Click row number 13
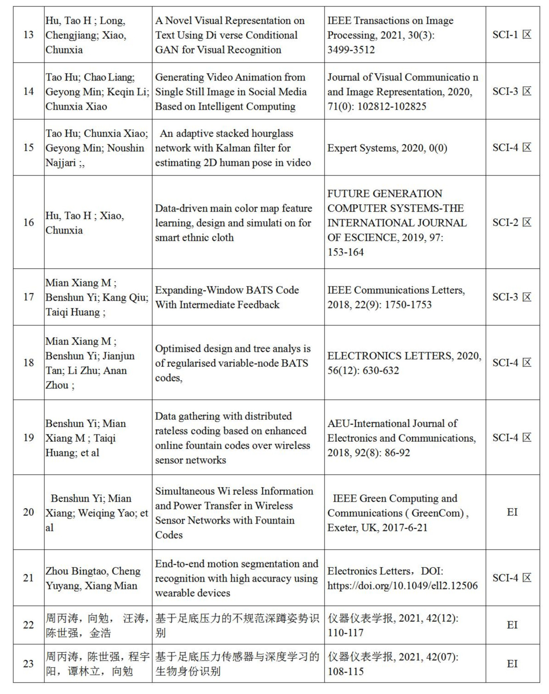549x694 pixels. point(28,35)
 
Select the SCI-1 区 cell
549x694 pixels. point(512,35)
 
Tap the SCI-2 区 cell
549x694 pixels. point(512,223)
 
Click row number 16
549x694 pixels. point(28,223)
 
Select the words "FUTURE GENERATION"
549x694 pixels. point(385,194)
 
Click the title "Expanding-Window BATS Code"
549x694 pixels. point(227,290)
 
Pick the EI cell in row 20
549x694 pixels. point(512,512)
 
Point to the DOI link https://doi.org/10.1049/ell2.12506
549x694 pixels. point(402,586)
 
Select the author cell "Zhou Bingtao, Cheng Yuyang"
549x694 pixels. point(93,578)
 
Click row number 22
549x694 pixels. point(28,625)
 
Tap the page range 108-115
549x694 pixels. point(346,672)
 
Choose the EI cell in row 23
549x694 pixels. point(512,664)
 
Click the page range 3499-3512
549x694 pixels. point(351,50)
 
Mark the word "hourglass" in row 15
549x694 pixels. point(272,133)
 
